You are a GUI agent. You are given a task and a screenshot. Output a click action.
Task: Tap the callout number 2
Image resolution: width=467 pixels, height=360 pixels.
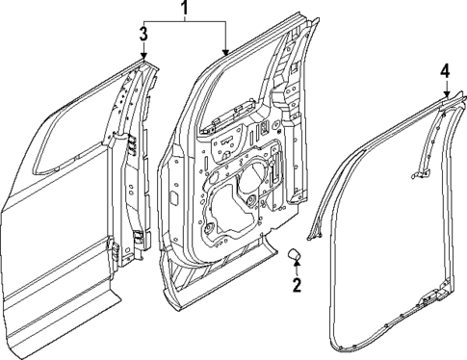coord(298,284)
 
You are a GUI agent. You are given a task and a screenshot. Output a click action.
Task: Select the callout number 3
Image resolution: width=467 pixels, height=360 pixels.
coord(143,35)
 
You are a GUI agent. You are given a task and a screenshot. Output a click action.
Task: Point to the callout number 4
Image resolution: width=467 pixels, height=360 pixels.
coord(445,72)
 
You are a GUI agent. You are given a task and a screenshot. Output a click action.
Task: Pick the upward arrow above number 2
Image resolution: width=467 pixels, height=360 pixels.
coord(298,267)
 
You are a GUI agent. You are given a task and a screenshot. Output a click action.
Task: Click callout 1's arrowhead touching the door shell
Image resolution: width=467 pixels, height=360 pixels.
coord(226,52)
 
